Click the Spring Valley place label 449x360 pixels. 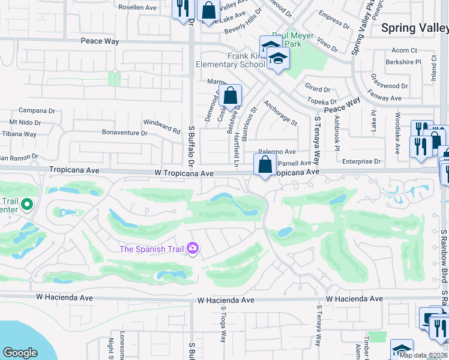(x=415, y=28)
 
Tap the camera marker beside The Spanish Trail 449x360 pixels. (x=193, y=248)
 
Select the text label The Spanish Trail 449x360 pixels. (x=152, y=248)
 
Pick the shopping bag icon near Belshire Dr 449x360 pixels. (x=230, y=95)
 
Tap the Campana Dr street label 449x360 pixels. (x=37, y=110)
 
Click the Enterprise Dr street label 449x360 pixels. (x=361, y=161)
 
